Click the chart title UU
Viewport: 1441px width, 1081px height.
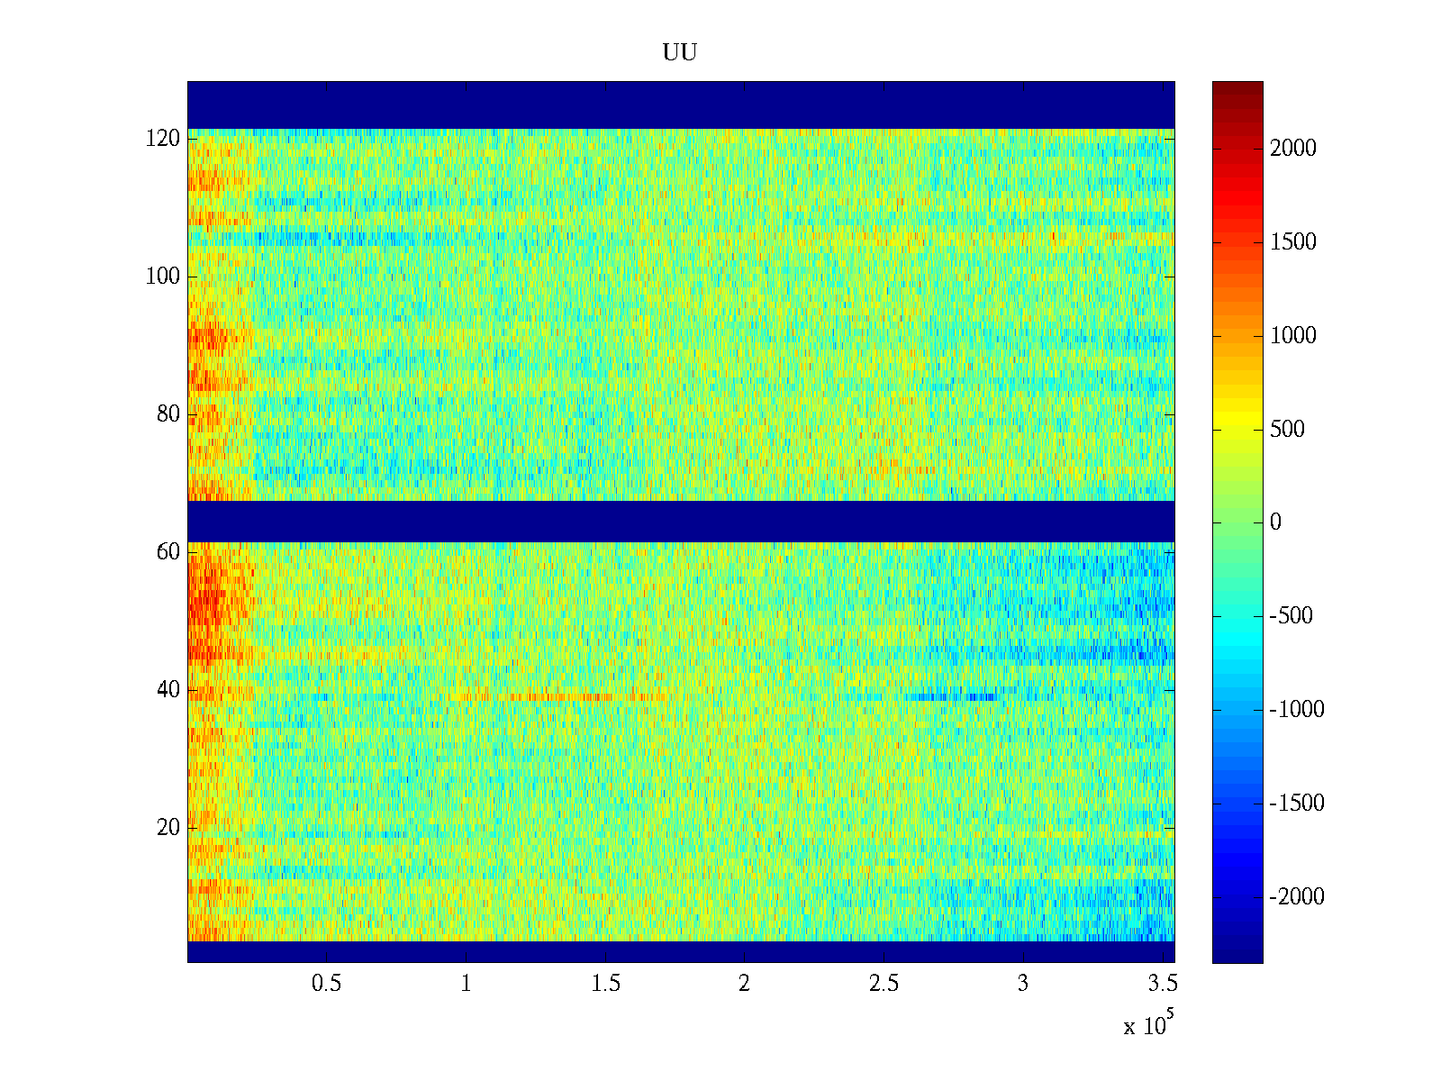tap(680, 53)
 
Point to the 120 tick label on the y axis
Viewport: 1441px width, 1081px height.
tap(163, 139)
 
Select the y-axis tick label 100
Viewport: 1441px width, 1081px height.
tap(163, 277)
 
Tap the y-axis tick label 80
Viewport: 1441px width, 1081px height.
tap(168, 414)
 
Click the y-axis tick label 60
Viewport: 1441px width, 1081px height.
tap(168, 552)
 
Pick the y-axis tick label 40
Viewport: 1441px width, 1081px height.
tap(168, 690)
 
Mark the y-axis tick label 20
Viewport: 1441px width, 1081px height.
tap(168, 828)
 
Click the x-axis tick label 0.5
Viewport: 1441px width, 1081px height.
tap(326, 984)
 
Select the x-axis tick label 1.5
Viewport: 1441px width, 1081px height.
tap(605, 984)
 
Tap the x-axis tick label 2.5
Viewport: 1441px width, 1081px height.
tap(884, 984)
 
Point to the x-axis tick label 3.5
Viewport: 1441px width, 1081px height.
tap(1162, 984)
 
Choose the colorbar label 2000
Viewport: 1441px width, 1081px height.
tap(1293, 149)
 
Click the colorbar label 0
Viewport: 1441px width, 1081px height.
tap(1275, 522)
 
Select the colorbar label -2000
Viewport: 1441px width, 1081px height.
tap(1297, 897)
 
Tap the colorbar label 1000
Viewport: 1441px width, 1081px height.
tap(1293, 336)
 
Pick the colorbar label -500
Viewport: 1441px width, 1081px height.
tap(1291, 616)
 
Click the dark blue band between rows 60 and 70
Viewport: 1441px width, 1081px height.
tap(681, 521)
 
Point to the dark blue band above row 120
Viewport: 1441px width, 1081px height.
tap(681, 104)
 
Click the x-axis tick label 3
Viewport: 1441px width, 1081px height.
tap(1023, 984)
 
